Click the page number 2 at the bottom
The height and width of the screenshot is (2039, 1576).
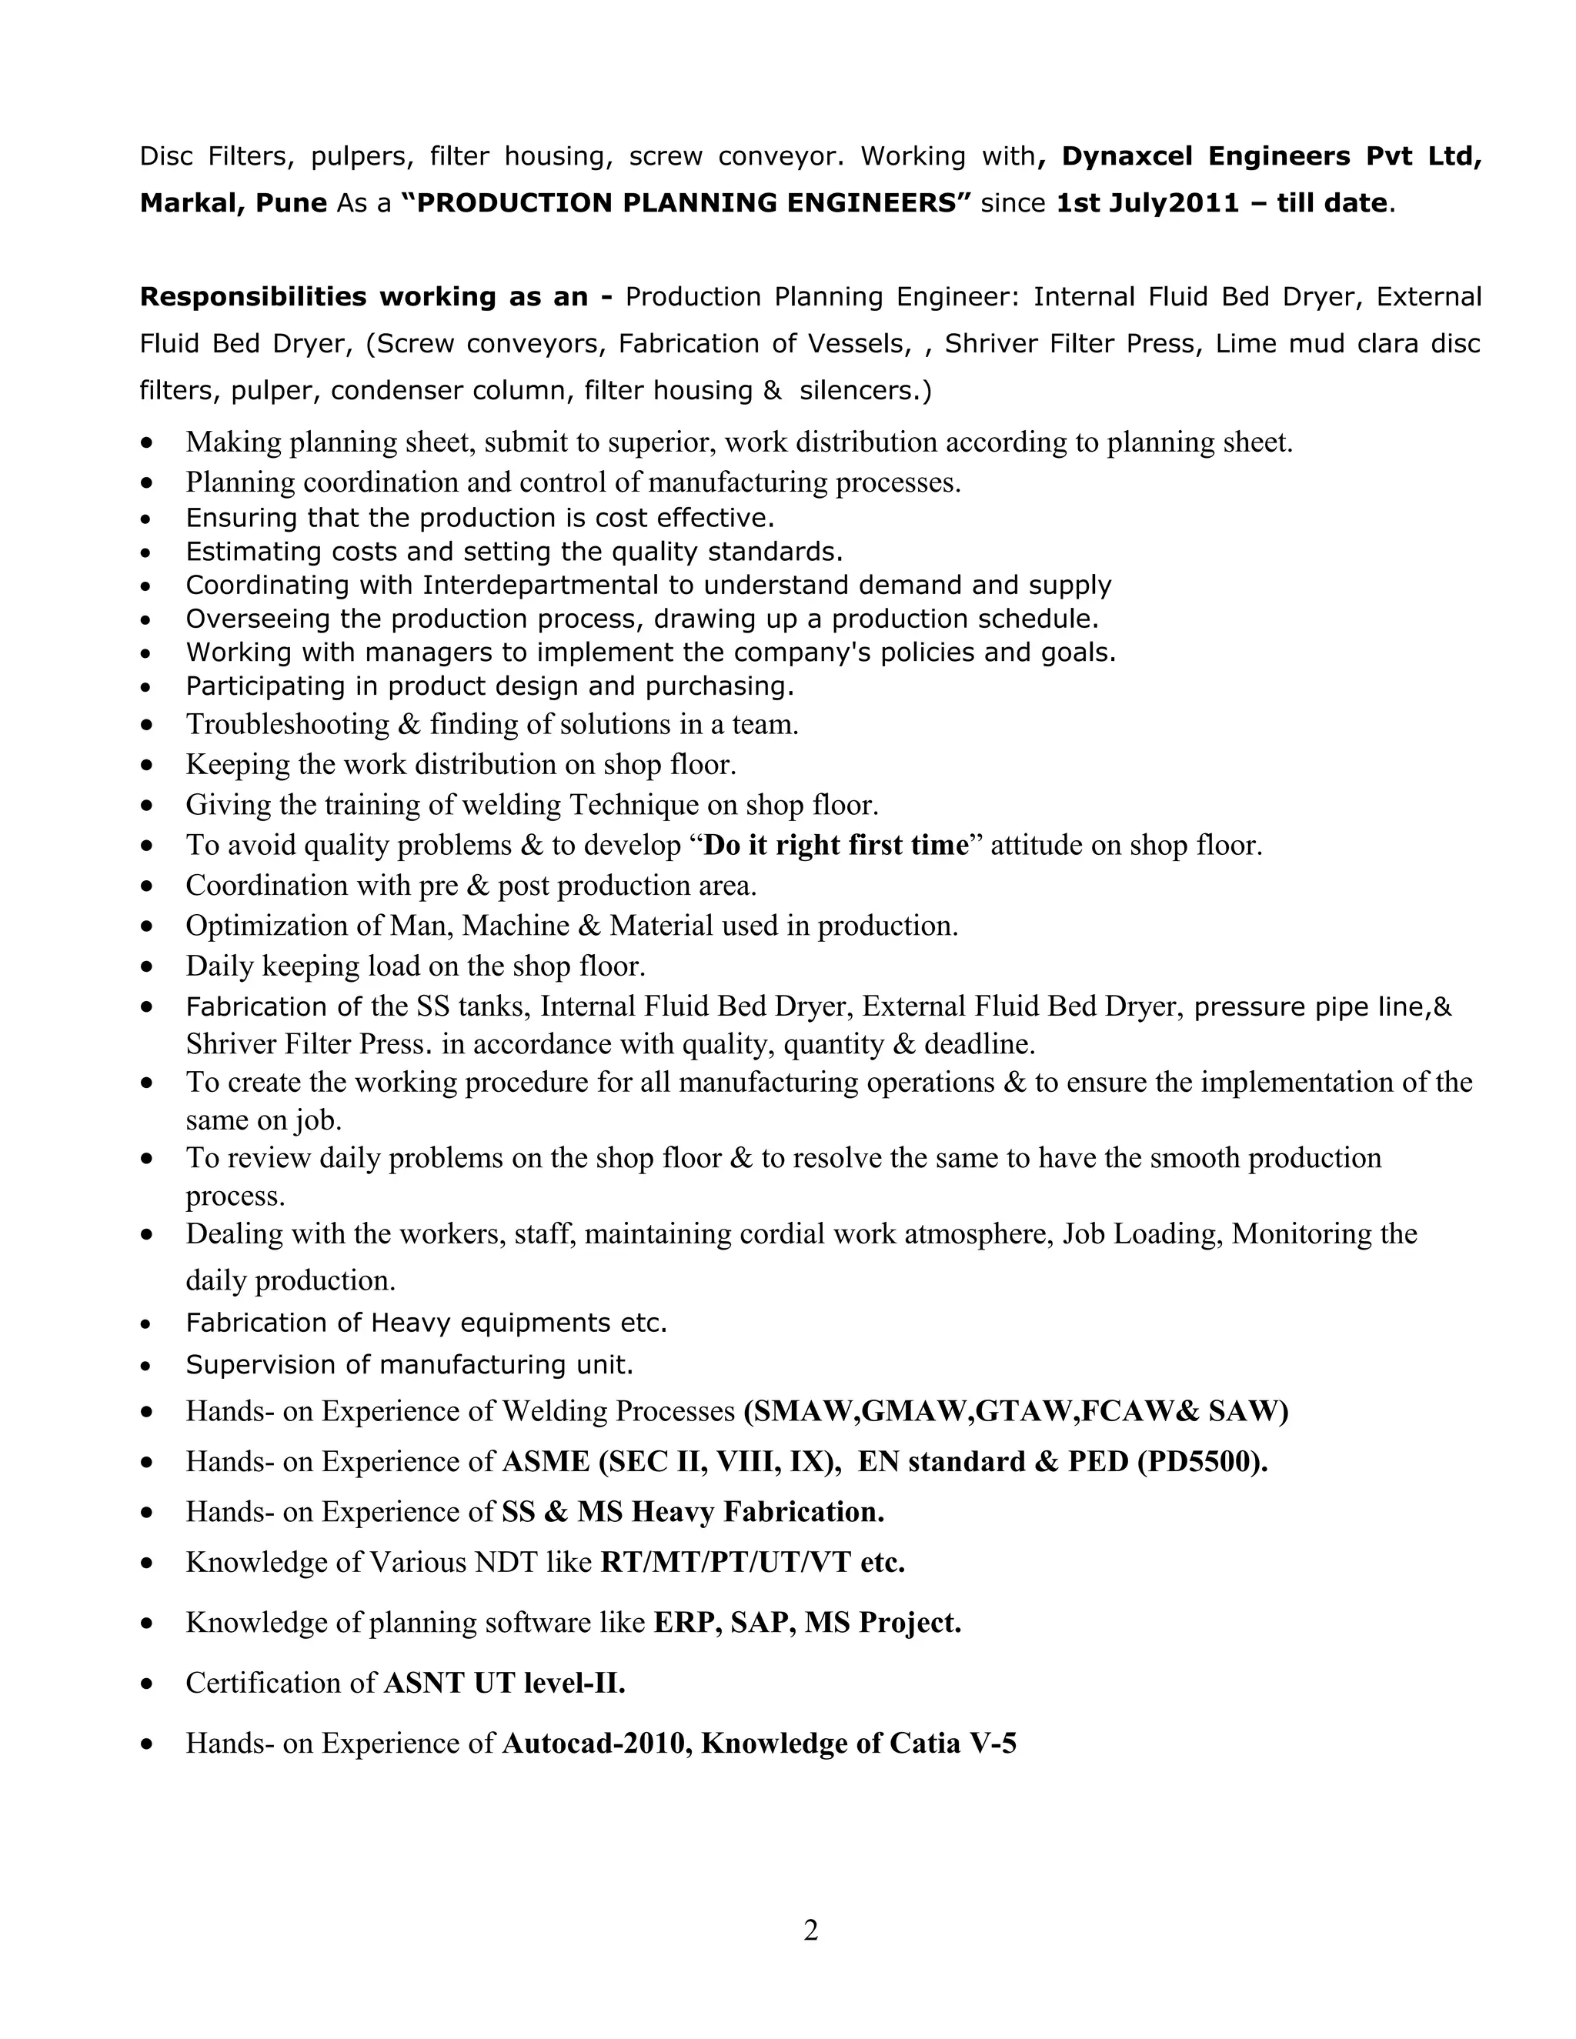[x=810, y=1930]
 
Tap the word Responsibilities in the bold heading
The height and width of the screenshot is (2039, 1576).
[x=252, y=297]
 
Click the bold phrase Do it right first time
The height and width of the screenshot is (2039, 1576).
[x=836, y=845]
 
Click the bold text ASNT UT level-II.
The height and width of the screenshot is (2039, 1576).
[x=504, y=1684]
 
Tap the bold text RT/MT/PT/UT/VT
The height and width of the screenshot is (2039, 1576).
[x=726, y=1562]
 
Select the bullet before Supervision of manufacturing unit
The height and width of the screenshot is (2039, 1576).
[x=145, y=1366]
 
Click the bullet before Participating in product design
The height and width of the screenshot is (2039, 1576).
[x=145, y=687]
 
